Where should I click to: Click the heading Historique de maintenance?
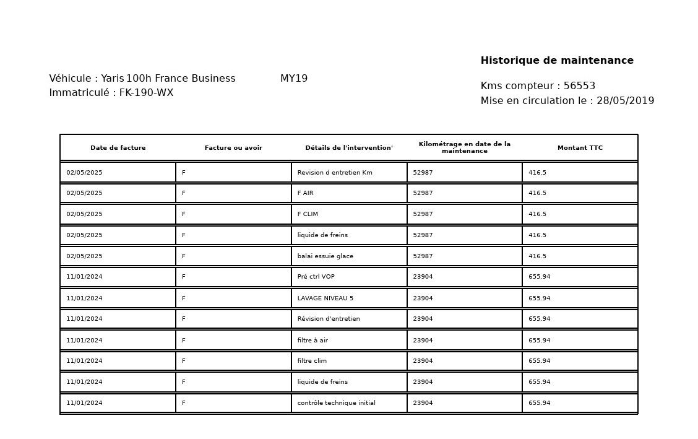pos(557,61)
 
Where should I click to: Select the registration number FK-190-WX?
pos(146,93)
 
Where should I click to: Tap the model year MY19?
pos(294,79)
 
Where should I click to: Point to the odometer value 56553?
pos(579,86)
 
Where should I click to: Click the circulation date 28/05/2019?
pos(625,101)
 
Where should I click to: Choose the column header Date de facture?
pos(118,148)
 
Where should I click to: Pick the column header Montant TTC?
pos(580,148)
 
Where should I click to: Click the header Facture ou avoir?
pos(233,148)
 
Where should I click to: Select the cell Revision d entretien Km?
pos(335,173)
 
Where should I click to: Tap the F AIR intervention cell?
pos(306,193)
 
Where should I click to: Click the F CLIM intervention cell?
pos(308,214)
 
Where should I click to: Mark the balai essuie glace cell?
pos(325,256)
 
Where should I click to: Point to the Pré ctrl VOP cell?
pos(316,277)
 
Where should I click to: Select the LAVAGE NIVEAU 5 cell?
pos(325,298)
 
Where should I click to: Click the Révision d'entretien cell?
pos(329,319)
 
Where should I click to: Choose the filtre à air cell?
pos(312,341)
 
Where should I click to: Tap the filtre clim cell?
pos(312,361)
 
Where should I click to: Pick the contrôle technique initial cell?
pos(336,403)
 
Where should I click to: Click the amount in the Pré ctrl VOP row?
pos(539,277)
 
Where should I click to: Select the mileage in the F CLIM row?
pos(423,214)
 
